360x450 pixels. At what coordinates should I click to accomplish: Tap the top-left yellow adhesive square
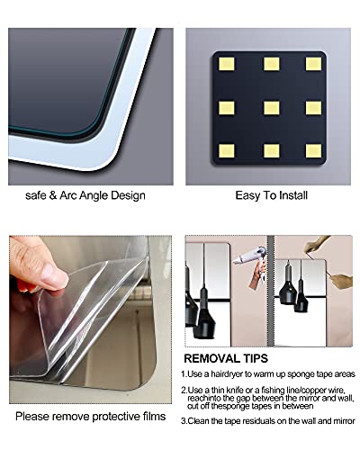[x=227, y=64]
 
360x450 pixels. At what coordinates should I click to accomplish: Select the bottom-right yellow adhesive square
[x=312, y=150]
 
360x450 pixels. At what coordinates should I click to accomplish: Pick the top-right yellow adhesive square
[x=312, y=64]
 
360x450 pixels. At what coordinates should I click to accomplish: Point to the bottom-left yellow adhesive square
[x=227, y=150]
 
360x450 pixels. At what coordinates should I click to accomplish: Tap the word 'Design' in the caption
[x=129, y=194]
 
